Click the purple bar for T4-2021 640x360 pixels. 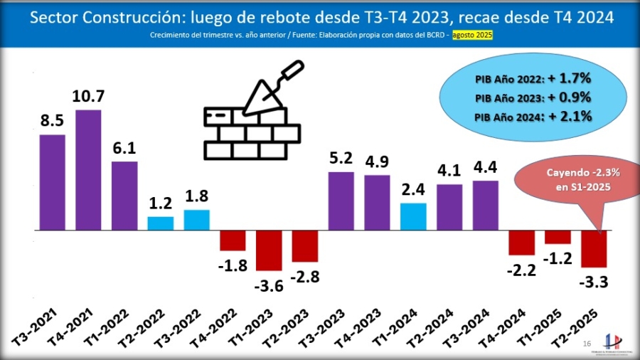(x=88, y=170)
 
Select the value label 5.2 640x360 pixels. (x=341, y=157)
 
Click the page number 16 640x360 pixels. (x=587, y=344)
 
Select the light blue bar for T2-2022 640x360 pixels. (x=160, y=223)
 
